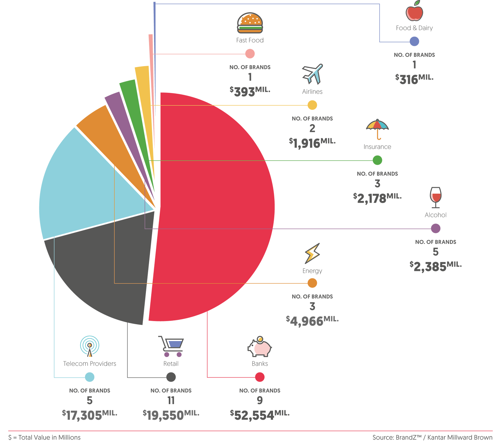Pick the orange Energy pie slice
click(x=103, y=132)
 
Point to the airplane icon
click(x=312, y=74)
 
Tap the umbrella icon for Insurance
click(x=377, y=129)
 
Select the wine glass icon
click(x=436, y=198)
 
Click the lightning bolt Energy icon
click(x=312, y=253)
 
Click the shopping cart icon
click(x=171, y=346)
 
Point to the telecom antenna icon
click(x=90, y=346)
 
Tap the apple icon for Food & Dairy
click(x=414, y=11)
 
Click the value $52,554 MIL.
click(x=260, y=415)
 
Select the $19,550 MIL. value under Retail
click(x=171, y=415)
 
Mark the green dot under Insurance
click(x=377, y=160)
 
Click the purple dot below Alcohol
click(x=436, y=228)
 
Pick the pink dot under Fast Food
click(x=250, y=54)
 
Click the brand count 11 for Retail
click(x=171, y=400)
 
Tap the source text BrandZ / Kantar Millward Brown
click(x=432, y=437)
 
